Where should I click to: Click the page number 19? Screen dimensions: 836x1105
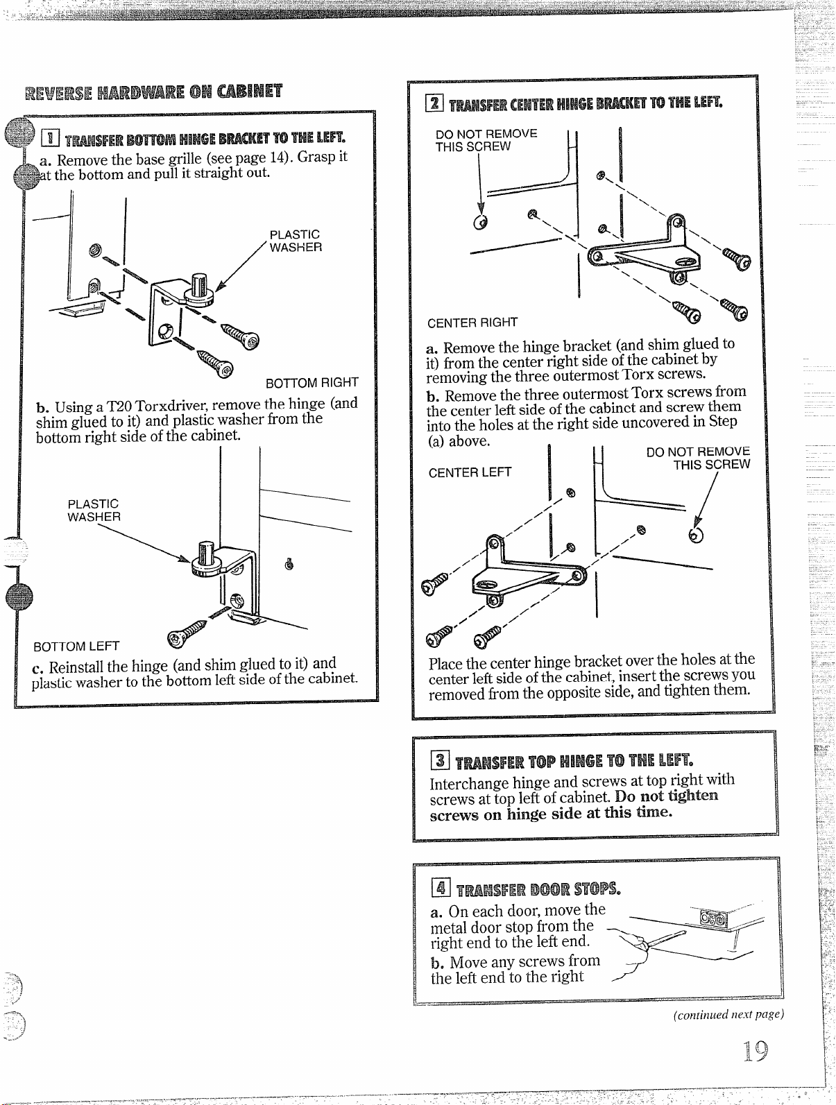[756, 1051]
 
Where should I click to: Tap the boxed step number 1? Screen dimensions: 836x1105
[50, 137]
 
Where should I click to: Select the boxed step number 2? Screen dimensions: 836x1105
[434, 103]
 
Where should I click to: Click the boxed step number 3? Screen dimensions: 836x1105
[440, 760]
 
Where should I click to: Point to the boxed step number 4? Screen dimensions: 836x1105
[441, 887]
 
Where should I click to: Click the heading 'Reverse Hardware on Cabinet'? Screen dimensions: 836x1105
[153, 92]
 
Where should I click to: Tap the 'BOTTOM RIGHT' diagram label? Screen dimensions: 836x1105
[312, 383]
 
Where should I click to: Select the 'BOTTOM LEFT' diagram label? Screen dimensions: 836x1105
[76, 646]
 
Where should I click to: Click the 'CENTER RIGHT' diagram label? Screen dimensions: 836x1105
[472, 322]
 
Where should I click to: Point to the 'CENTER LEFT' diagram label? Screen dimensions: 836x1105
[470, 472]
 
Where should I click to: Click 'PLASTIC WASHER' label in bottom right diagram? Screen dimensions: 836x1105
[296, 241]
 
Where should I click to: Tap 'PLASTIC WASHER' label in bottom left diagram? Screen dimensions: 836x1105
[94, 510]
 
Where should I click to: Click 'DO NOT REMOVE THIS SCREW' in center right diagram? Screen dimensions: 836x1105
[486, 140]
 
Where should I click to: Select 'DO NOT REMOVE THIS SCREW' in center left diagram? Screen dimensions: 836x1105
[699, 458]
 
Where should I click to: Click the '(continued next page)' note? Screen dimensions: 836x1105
[728, 1014]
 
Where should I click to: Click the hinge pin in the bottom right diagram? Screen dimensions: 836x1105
[199, 285]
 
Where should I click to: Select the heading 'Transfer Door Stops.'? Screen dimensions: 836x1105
[538, 889]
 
